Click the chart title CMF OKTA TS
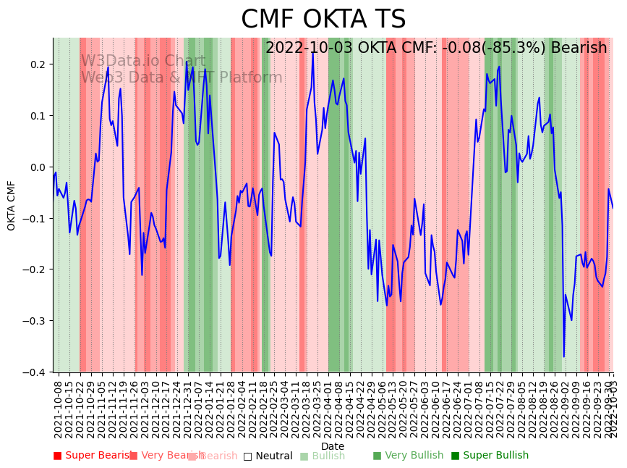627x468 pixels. tap(323, 20)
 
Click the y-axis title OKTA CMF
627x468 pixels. tap(12, 206)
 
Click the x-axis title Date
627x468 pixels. tap(333, 446)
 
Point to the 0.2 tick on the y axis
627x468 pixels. tap(38, 64)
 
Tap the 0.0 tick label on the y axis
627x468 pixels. tap(38, 167)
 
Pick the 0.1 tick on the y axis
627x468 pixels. tap(38, 116)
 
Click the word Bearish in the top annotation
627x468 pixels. tap(579, 49)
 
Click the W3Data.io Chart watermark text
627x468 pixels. tap(143, 61)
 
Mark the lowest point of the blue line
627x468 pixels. tap(564, 356)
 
